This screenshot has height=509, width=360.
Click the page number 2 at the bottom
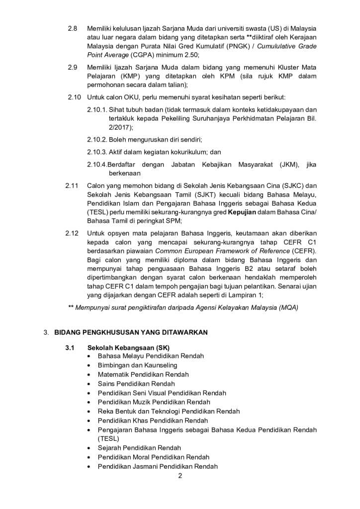click(180, 476)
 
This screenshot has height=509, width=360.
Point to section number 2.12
click(72, 233)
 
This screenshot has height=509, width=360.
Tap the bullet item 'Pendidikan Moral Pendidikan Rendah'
click(153, 457)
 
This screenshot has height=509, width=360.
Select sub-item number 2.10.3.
click(97, 152)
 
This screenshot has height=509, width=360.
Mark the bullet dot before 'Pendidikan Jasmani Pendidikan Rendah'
click(89, 467)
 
